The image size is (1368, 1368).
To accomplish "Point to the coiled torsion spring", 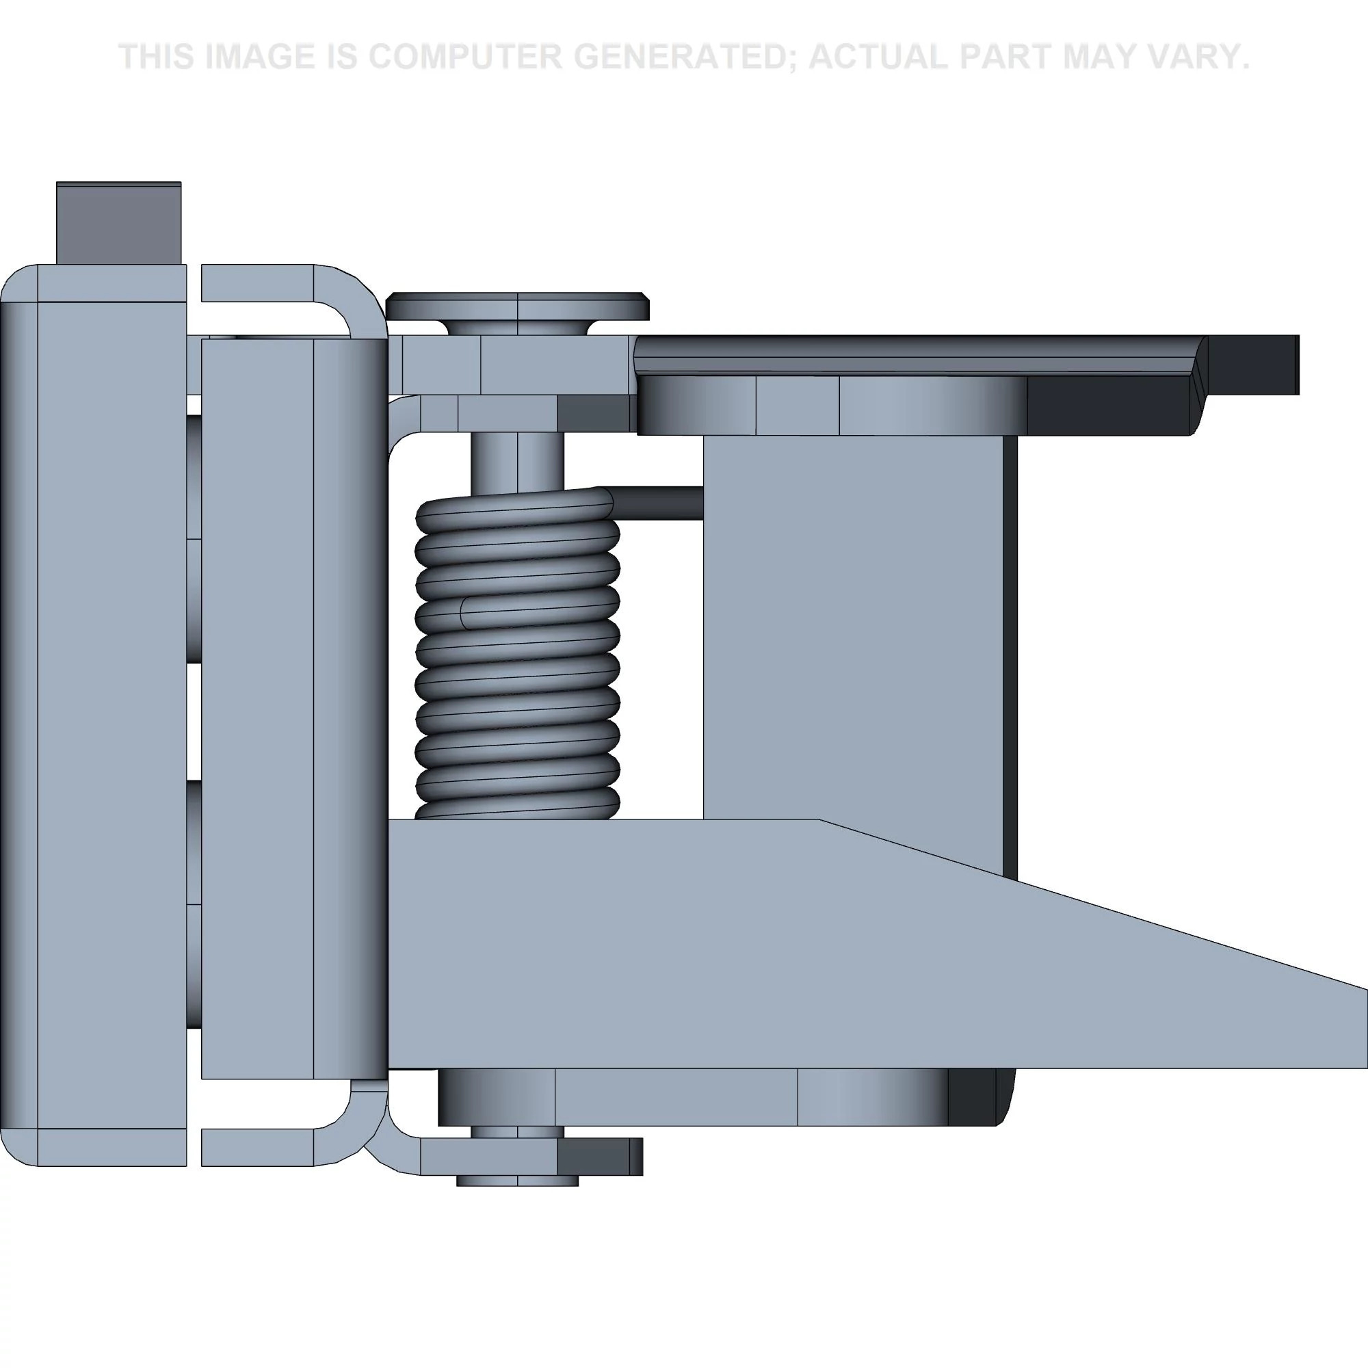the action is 517,655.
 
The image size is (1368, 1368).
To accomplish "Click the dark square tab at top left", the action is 118,223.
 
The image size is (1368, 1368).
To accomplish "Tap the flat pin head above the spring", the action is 518,306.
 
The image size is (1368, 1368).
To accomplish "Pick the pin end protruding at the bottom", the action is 518,1180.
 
